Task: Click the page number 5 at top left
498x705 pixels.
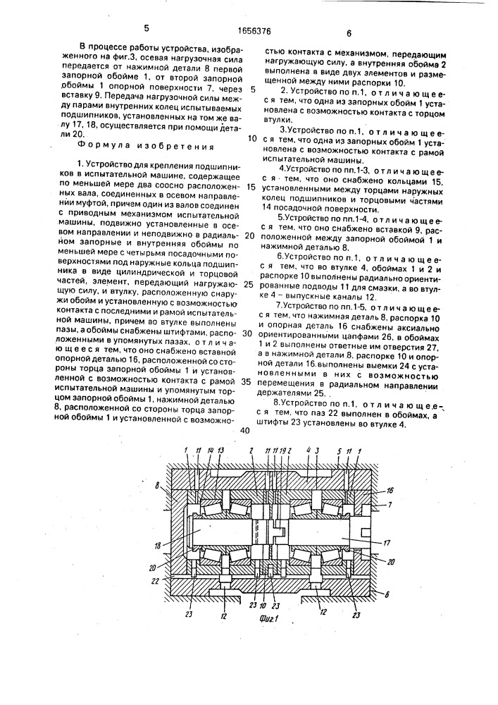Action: [x=147, y=29]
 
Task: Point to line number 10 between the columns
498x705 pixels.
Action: [x=251, y=139]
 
